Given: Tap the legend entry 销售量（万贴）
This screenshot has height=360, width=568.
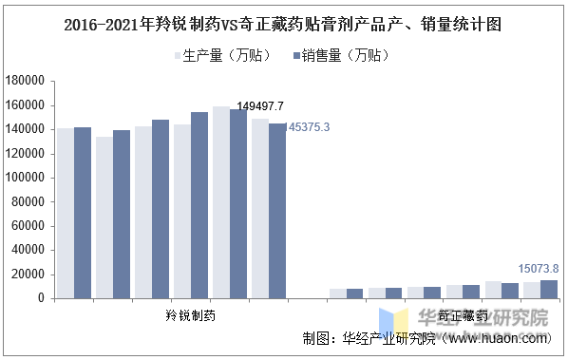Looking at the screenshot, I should point(341,55).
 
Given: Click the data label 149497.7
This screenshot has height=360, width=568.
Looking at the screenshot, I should point(260,105).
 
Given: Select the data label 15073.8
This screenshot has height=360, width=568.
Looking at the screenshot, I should point(538,268).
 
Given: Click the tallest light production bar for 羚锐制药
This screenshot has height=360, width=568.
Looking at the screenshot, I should point(220,202).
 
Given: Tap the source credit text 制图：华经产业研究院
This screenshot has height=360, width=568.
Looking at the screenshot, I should point(369,338).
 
